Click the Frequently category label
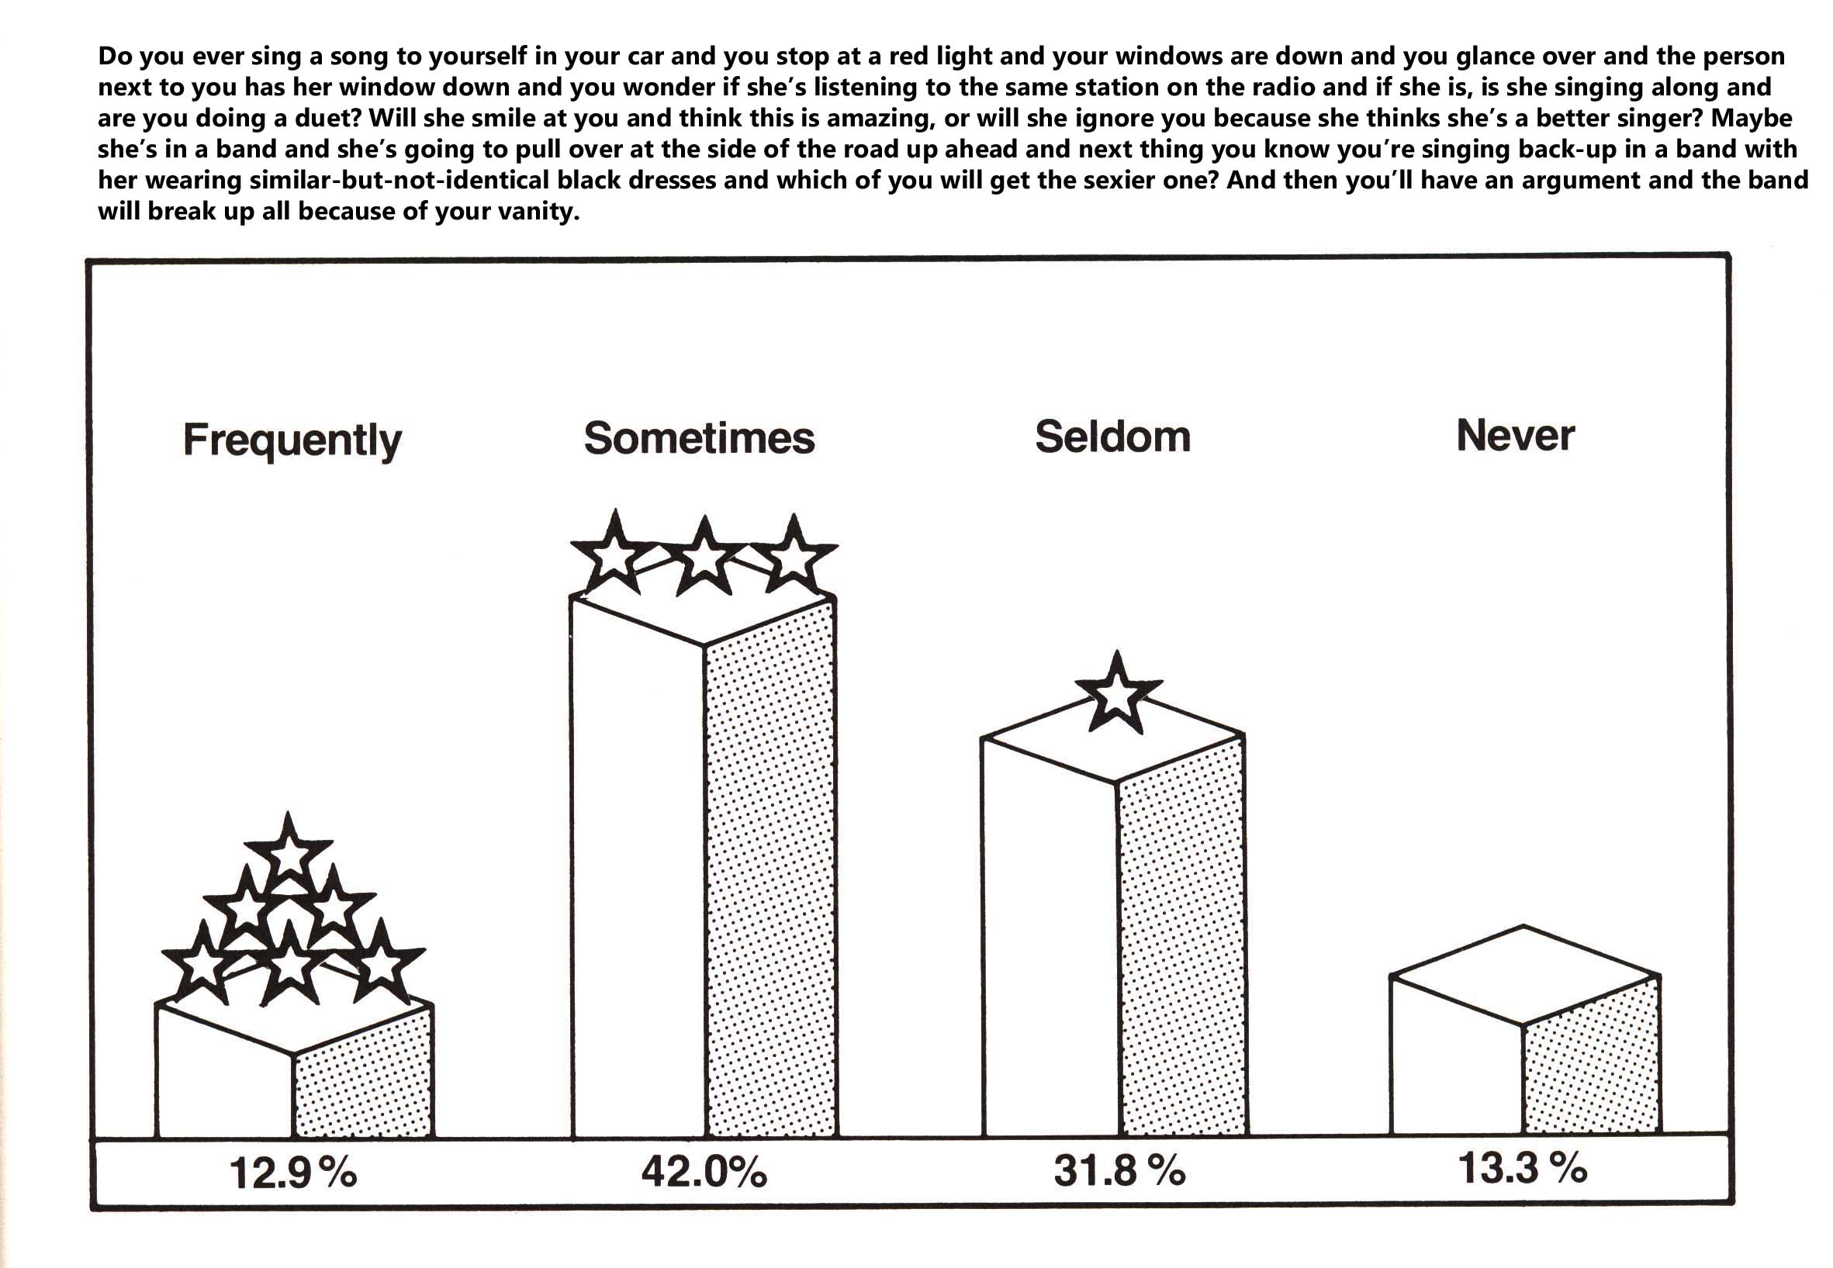[292, 441]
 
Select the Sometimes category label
[699, 437]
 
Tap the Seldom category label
[1112, 436]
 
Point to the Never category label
[1515, 435]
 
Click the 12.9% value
[292, 1173]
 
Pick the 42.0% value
[704, 1171]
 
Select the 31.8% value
[1119, 1170]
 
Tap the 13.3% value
[1521, 1168]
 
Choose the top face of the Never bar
[1524, 976]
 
